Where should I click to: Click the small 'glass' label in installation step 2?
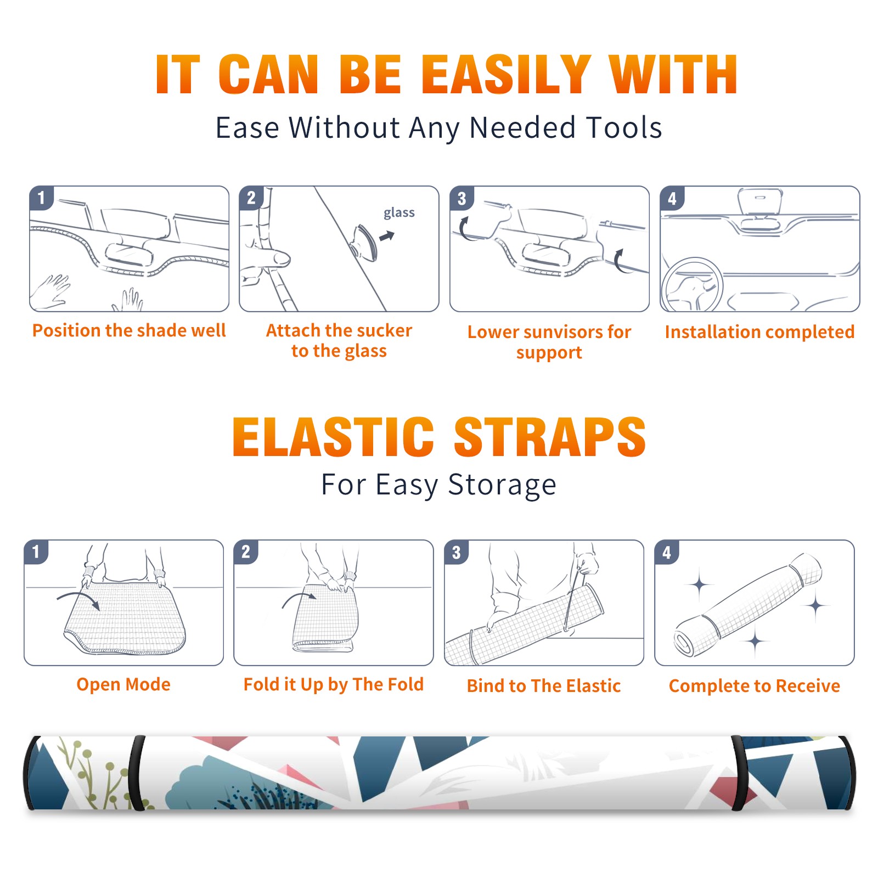399,213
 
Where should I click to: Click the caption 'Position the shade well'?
129,330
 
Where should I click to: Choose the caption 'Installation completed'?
759,332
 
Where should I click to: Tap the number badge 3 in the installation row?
461,199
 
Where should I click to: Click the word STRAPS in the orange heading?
550,437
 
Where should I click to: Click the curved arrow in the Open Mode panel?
78,599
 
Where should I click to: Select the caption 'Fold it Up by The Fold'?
334,685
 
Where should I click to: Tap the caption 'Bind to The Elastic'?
544,686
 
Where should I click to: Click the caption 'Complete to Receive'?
755,686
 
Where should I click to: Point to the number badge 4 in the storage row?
667,552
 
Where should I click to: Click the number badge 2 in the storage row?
246,552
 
